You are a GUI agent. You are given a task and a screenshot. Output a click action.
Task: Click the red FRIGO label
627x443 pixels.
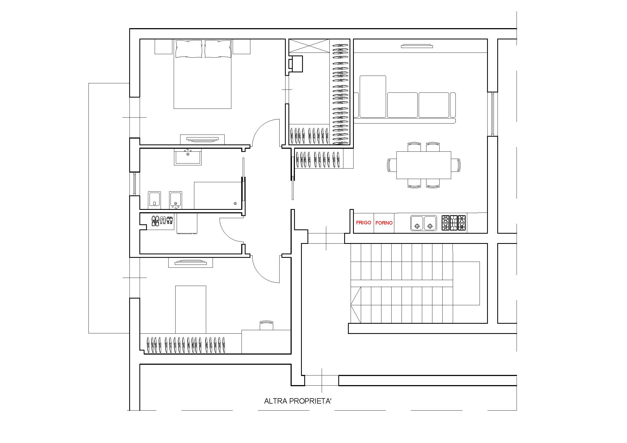point(363,223)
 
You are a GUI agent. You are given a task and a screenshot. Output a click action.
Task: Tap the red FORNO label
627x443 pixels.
point(384,223)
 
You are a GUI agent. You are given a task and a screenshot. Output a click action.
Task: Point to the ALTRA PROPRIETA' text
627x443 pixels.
point(298,401)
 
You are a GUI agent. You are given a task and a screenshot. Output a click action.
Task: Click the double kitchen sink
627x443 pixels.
point(424,223)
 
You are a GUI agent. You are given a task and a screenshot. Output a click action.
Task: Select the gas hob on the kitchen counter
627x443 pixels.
point(454,223)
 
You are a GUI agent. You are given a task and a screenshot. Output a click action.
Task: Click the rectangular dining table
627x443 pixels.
point(424,165)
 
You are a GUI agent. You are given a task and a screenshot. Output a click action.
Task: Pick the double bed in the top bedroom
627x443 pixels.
point(203,74)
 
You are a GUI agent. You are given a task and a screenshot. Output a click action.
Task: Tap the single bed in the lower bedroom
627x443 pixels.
point(191,310)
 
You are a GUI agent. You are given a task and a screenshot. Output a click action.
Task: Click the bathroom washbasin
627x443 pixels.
point(188,157)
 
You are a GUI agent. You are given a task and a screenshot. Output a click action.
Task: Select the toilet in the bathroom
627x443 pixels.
point(154,200)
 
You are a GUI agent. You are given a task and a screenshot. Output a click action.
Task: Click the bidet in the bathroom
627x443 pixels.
point(176,200)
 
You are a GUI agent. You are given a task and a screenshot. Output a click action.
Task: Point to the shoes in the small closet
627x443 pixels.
point(162,221)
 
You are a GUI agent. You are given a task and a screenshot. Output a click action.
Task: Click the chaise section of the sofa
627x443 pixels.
point(373,97)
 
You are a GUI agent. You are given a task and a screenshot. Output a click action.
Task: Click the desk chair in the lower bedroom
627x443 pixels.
point(266,325)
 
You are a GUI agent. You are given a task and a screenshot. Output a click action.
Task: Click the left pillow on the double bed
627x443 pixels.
point(189,49)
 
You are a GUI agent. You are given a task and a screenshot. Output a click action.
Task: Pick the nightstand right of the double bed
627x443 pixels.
point(242,47)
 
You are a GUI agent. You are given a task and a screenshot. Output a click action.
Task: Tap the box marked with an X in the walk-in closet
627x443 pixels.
point(309,46)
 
